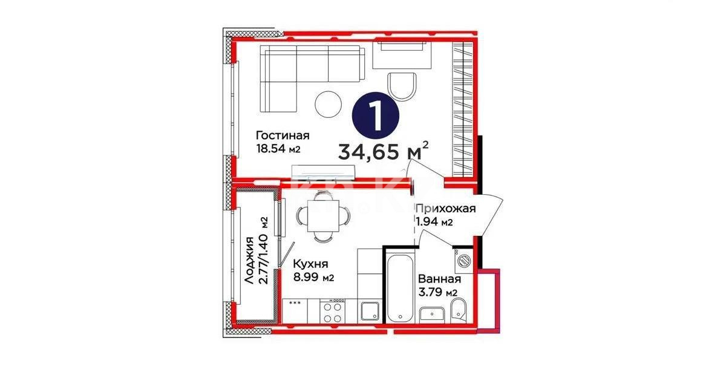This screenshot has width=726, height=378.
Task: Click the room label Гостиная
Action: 283,135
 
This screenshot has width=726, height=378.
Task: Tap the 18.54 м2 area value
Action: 278,149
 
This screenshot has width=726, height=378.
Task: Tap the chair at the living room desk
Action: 401,86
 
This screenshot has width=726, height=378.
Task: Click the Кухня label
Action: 310,264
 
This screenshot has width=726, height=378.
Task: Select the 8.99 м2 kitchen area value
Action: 313,278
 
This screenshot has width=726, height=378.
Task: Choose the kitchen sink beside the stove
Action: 369,311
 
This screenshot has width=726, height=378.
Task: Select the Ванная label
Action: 439,279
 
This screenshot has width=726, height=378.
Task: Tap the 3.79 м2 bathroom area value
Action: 438,293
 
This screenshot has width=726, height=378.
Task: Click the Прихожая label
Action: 445,209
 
